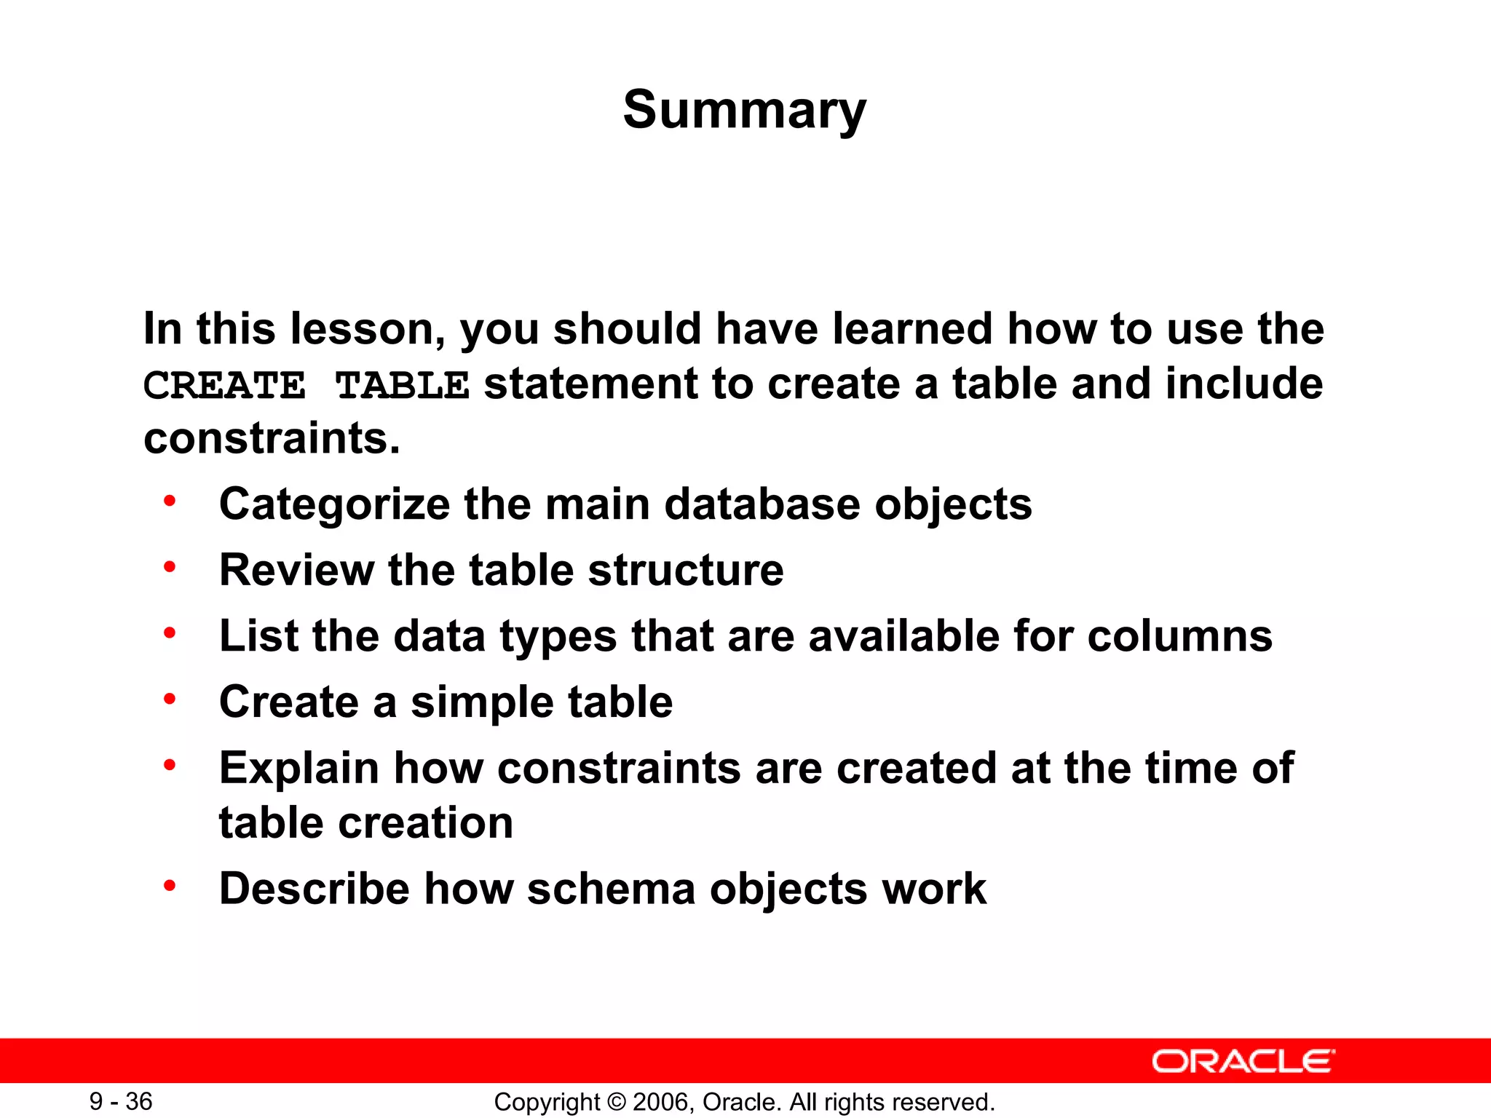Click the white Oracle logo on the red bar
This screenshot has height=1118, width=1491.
tap(1243, 1061)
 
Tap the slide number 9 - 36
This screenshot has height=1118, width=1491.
tap(121, 1101)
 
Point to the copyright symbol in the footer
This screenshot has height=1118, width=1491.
tap(616, 1102)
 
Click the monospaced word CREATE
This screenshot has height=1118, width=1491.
tap(224, 385)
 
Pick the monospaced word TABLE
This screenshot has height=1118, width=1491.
tap(402, 385)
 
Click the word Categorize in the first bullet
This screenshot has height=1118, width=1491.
tap(335, 504)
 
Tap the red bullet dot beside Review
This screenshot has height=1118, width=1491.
tap(170, 566)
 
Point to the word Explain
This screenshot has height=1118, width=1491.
tap(299, 769)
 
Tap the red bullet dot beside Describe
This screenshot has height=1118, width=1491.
tap(170, 885)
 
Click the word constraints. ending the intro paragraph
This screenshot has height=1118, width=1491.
tap(272, 438)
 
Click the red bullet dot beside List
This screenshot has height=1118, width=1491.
tap(170, 633)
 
